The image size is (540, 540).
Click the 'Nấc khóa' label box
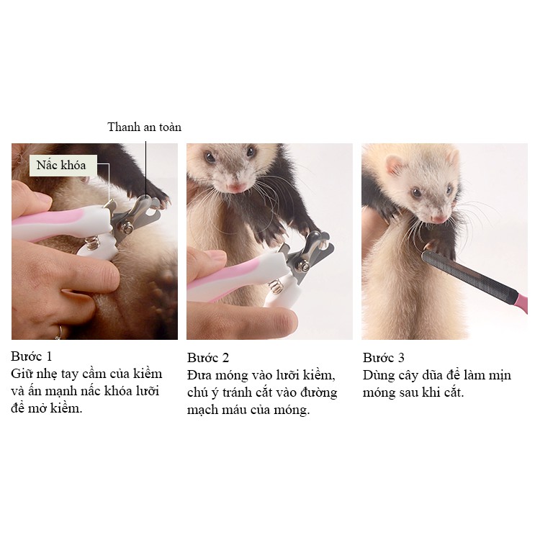click(63, 166)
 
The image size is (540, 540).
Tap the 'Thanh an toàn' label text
click(144, 127)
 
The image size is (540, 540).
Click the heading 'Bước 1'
click(32, 356)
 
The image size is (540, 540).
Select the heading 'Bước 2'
click(208, 357)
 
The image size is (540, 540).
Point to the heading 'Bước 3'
click(383, 357)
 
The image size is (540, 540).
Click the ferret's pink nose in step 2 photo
click(236, 188)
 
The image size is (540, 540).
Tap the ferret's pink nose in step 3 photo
click(439, 219)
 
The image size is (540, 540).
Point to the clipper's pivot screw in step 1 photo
click(128, 228)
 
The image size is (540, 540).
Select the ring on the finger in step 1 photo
click(59, 333)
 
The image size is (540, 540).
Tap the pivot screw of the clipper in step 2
click(304, 265)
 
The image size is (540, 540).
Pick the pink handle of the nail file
click(521, 302)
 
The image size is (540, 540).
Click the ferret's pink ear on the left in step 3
click(395, 165)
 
